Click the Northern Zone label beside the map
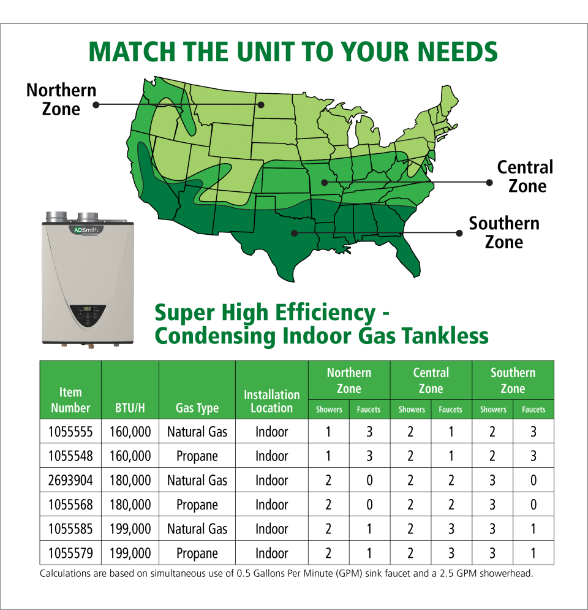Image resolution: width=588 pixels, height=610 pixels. (61, 99)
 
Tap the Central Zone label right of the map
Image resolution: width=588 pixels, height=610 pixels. (525, 176)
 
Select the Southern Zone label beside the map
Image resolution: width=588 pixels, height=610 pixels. (504, 232)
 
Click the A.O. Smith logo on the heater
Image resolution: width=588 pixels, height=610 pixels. (86, 231)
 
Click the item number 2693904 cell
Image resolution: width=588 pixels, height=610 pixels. (70, 481)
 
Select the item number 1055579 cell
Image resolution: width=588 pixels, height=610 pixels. (70, 553)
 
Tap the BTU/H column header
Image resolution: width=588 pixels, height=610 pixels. (130, 408)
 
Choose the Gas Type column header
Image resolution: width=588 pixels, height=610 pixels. (197, 408)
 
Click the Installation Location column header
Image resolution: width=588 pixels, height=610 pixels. (272, 401)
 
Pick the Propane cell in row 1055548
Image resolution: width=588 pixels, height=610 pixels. (197, 456)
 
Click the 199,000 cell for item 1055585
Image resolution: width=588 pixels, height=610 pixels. (130, 529)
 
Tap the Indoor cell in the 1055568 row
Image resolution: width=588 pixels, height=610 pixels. (272, 505)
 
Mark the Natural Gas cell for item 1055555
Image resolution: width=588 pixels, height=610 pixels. (197, 432)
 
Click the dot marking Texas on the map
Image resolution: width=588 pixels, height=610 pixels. (295, 233)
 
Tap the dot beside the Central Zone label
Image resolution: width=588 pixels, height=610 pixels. (489, 182)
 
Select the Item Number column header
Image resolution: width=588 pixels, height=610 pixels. (70, 400)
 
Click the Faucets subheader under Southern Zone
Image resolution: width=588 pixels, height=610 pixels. (533, 410)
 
